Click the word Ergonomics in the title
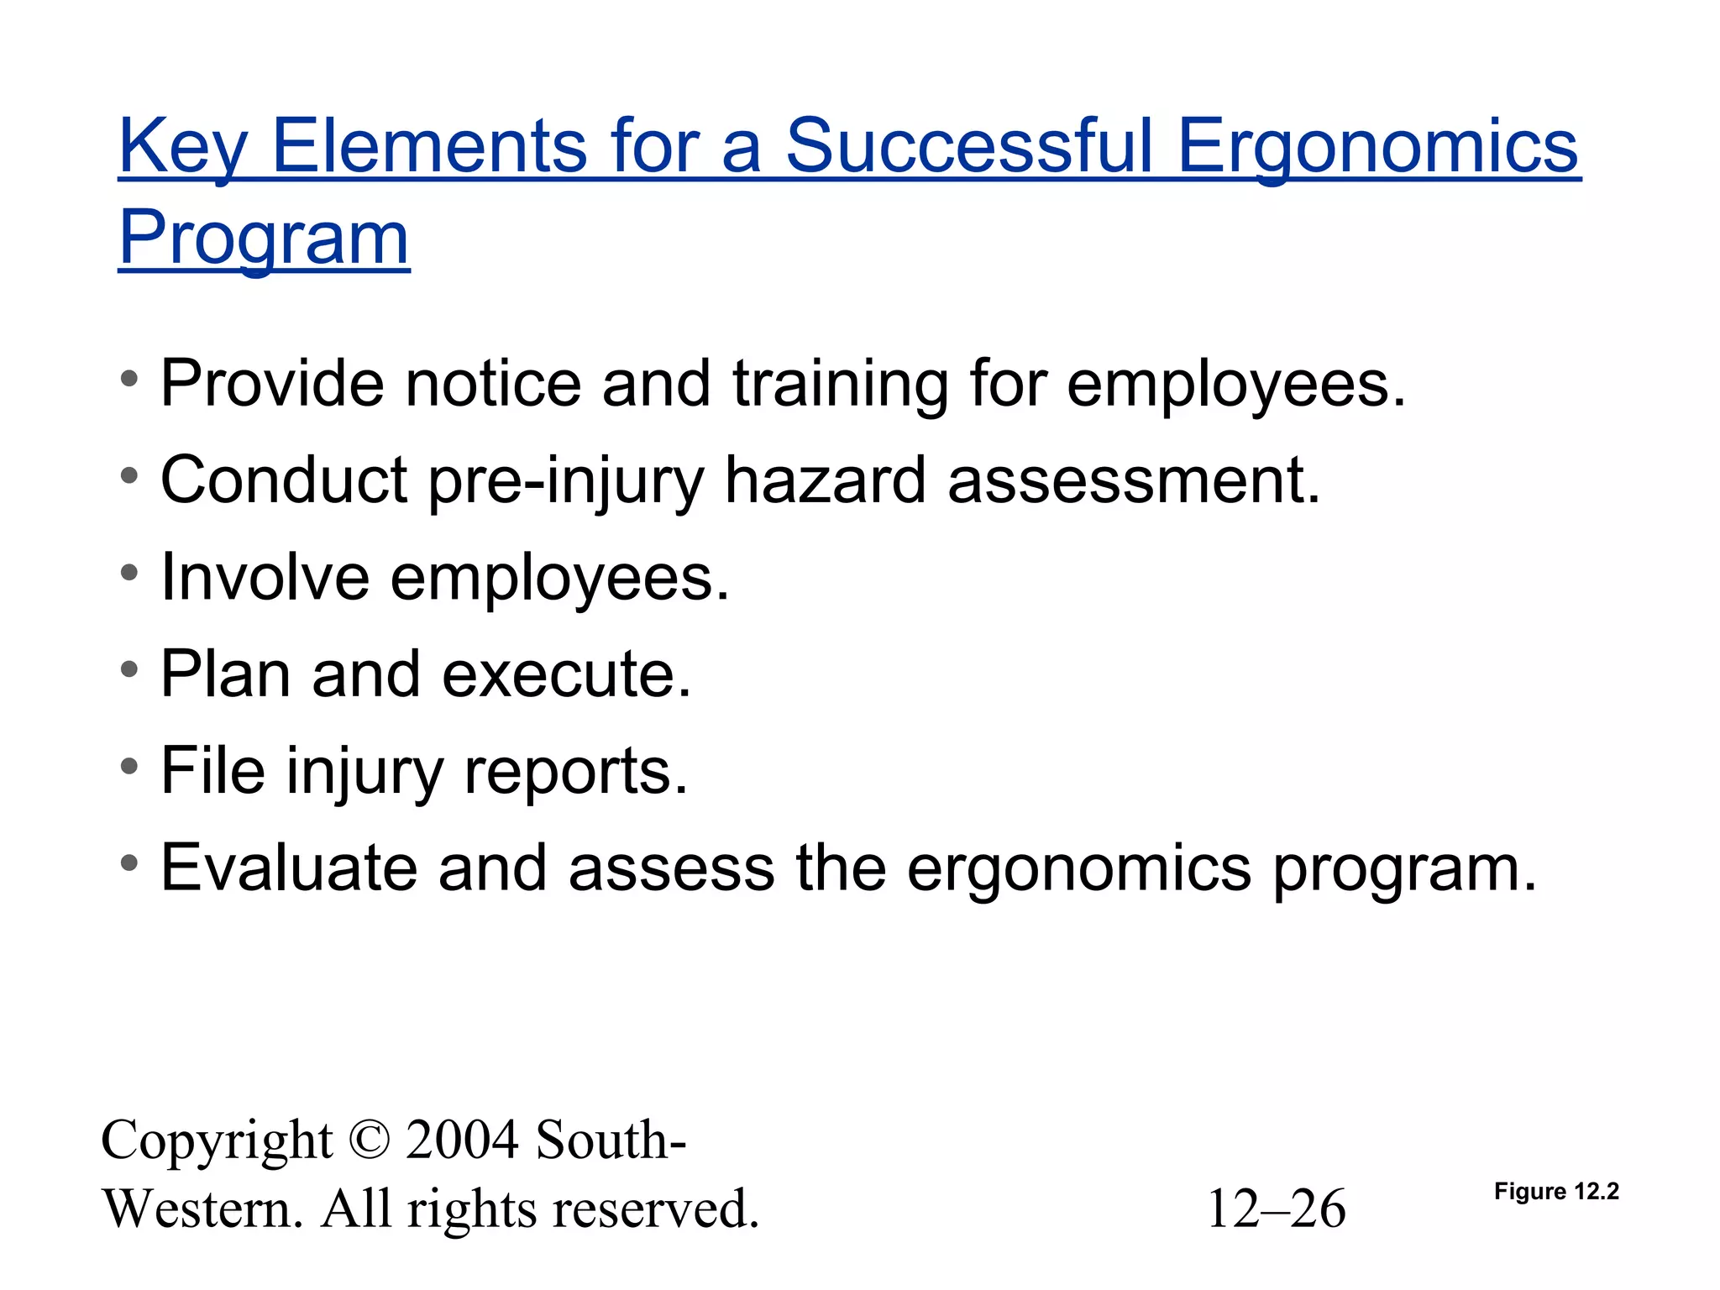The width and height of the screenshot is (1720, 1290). click(x=1377, y=147)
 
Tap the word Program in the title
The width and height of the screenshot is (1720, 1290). click(x=264, y=238)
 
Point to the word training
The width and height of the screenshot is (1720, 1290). click(x=840, y=385)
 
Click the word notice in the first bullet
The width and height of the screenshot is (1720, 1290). click(x=493, y=384)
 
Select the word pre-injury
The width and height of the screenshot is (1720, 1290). click(x=566, y=481)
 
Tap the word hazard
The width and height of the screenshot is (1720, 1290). click(x=825, y=480)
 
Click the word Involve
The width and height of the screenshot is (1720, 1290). click(x=265, y=577)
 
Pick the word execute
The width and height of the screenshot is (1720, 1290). click(x=567, y=674)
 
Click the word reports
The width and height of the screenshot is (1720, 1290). click(x=575, y=772)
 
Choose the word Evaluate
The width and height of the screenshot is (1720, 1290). click(x=289, y=868)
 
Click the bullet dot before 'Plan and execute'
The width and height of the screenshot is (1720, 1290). click(x=128, y=670)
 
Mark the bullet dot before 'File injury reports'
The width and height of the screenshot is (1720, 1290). click(x=128, y=767)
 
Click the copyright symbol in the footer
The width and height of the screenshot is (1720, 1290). click(x=369, y=1141)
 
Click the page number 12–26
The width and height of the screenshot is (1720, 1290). click(x=1276, y=1209)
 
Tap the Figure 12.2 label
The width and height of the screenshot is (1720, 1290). click(x=1556, y=1192)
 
